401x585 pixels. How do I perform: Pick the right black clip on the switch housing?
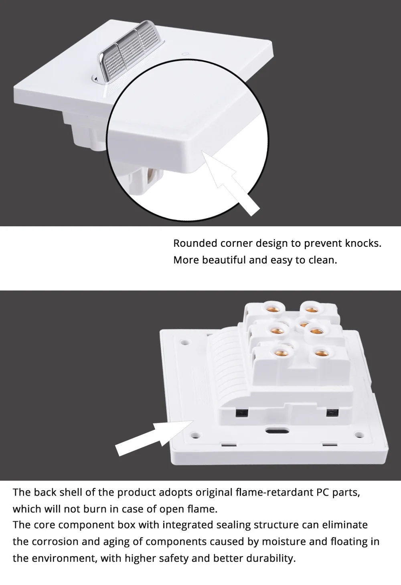[x=332, y=413]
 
